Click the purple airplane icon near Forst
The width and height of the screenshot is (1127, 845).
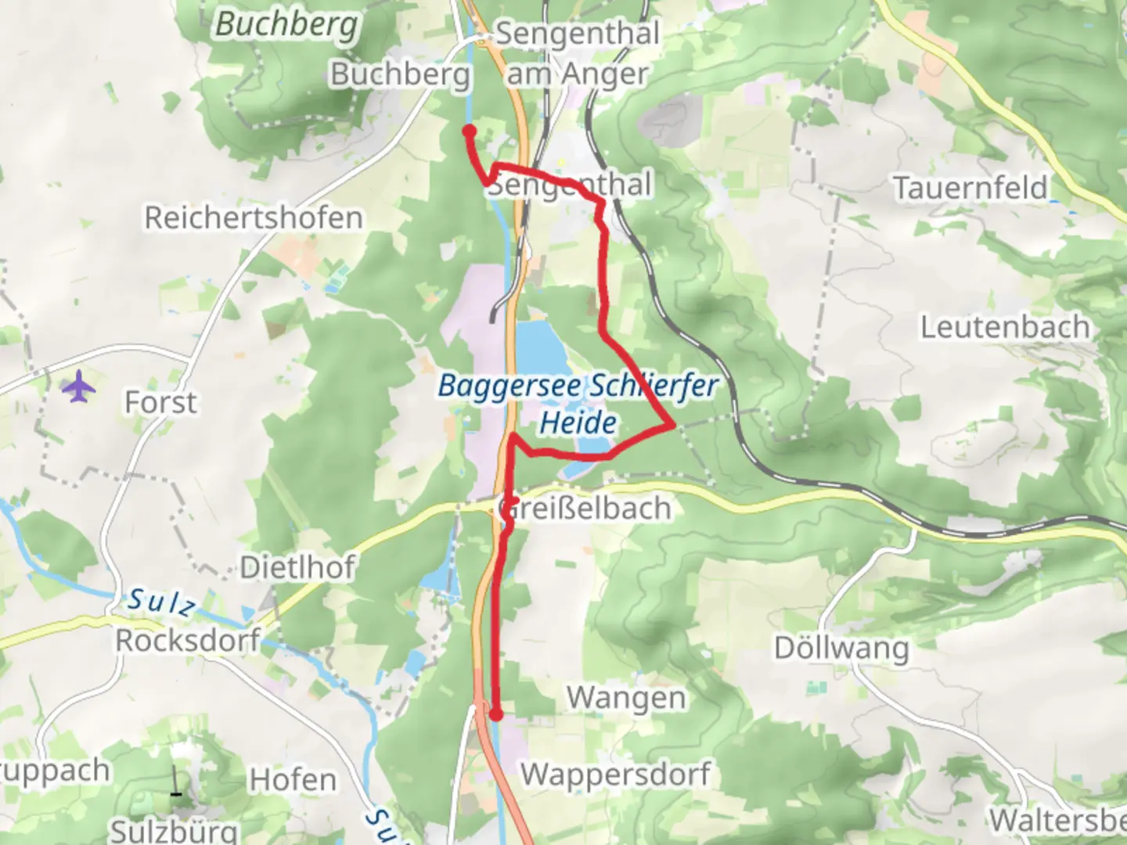point(78,387)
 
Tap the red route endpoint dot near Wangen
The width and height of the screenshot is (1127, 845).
point(495,714)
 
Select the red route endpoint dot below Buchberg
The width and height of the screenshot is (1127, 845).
point(469,131)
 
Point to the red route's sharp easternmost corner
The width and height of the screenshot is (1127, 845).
point(672,426)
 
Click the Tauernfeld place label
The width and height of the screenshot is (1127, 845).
point(970,188)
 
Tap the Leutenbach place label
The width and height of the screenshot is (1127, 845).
point(1005,327)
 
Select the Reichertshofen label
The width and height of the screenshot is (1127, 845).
point(254,218)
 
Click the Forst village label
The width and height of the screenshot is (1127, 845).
point(160,402)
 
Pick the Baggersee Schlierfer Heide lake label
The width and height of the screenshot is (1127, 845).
point(578,404)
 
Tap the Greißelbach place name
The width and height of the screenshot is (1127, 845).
point(585,509)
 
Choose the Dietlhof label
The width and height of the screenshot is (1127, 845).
point(297,567)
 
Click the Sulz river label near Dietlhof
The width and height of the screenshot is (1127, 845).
point(161,602)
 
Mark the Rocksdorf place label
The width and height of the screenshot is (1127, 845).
point(188,640)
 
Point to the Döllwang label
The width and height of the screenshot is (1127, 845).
point(841,648)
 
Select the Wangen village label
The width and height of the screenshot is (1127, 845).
point(625,697)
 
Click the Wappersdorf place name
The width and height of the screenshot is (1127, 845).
point(615,774)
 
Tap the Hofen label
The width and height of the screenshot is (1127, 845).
point(293,780)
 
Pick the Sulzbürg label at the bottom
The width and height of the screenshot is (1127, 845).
point(174,829)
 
